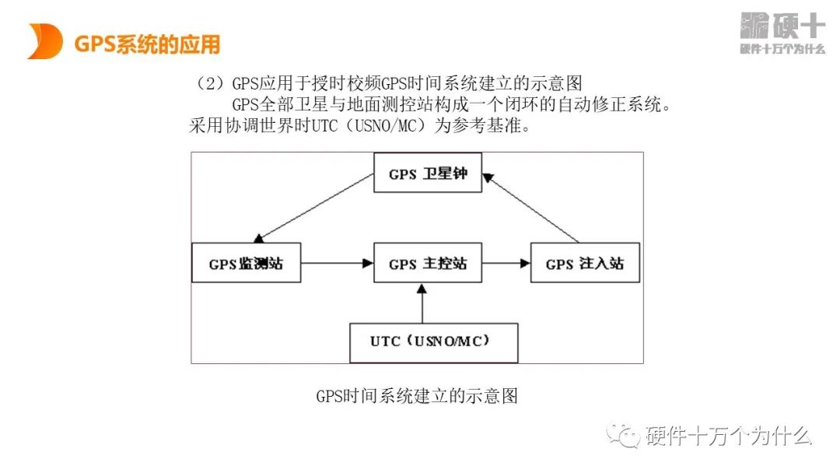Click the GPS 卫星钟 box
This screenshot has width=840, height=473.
427,173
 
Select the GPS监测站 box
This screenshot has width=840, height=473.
246,263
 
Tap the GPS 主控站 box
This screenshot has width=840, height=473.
427,263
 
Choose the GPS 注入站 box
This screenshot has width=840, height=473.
585,263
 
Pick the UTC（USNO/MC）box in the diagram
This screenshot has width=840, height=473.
433,341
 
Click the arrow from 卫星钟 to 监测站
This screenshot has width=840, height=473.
314,207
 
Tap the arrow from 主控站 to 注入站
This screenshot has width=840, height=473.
506,263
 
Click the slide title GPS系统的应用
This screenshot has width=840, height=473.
147,44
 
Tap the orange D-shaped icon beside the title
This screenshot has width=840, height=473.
44,41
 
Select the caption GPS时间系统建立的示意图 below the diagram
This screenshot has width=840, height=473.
417,396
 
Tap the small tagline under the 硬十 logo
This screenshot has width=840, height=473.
781,49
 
